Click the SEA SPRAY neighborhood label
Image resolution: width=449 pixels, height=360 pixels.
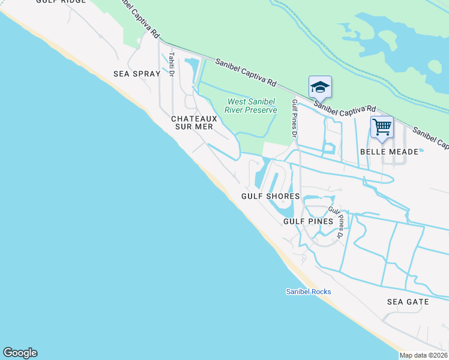(x=137, y=74)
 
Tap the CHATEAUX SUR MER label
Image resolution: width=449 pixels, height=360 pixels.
(x=193, y=122)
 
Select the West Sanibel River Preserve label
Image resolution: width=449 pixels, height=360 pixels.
(x=251, y=106)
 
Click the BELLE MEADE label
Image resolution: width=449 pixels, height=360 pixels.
(x=388, y=152)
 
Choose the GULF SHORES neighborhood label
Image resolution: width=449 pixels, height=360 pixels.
(x=270, y=196)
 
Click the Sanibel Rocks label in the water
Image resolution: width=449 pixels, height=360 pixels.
(x=308, y=292)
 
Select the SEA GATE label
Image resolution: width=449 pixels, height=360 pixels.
(x=408, y=302)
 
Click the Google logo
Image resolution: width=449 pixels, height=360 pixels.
(x=20, y=353)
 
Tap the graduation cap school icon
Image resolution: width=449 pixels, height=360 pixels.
(x=320, y=87)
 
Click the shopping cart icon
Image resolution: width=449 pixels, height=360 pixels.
(x=382, y=127)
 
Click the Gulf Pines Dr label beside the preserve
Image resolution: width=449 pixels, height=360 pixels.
(x=294, y=118)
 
